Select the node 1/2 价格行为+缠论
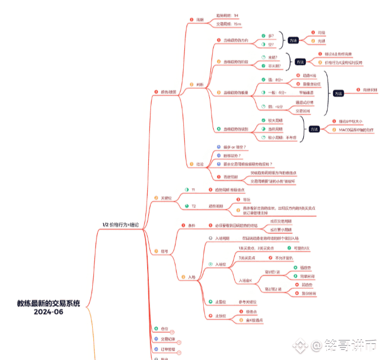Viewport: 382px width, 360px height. click(x=120, y=224)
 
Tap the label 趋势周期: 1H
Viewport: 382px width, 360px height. click(x=227, y=15)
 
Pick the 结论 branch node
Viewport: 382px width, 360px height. click(x=199, y=164)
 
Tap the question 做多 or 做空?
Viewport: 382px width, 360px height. click(x=231, y=147)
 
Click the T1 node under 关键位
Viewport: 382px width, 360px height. click(x=193, y=190)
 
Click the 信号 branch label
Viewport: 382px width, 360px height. click(x=164, y=251)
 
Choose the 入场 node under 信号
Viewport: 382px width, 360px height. click(x=192, y=277)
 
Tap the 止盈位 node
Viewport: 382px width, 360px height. click(x=220, y=301)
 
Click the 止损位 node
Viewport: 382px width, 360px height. click(x=220, y=316)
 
